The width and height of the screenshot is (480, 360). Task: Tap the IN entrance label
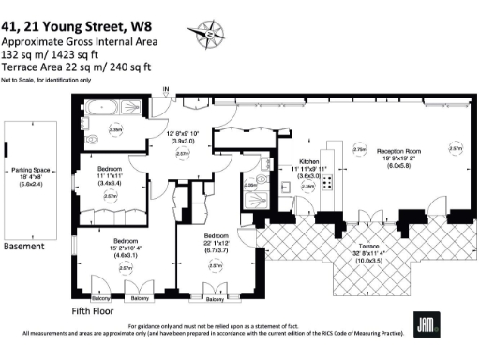coord(167,90)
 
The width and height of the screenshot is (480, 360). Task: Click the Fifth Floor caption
coord(95,309)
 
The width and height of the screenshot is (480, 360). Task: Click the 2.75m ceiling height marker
coord(358,149)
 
